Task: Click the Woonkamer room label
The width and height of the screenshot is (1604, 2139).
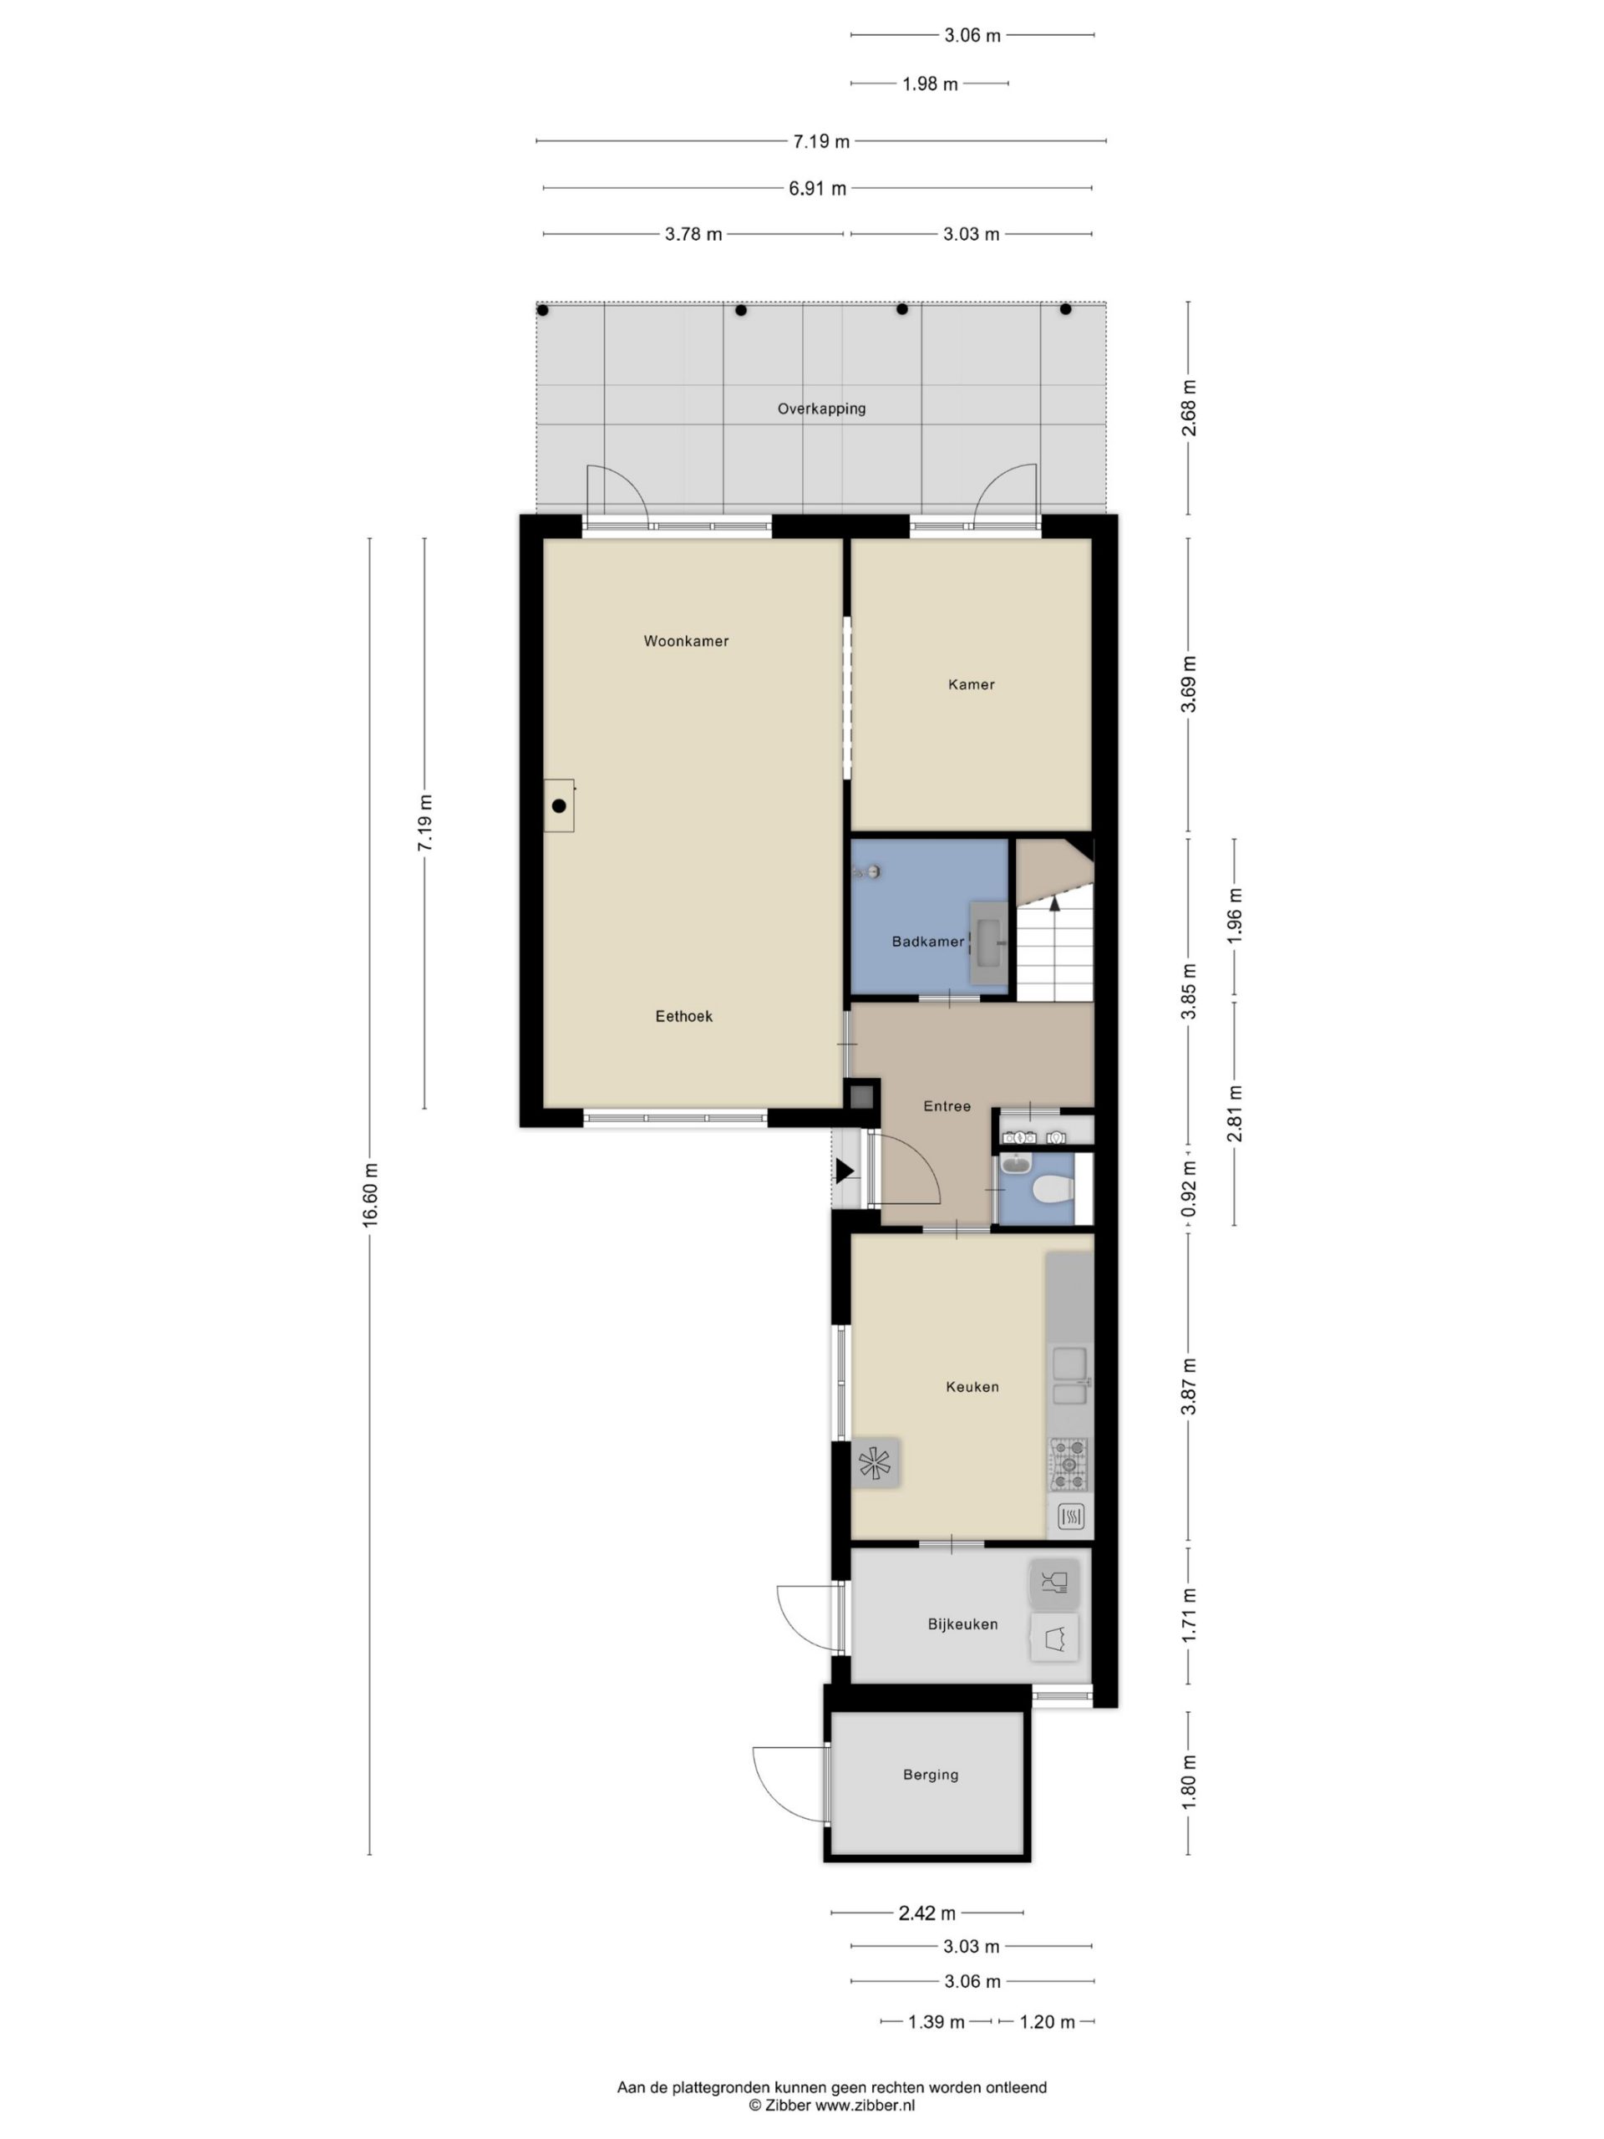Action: pos(686,641)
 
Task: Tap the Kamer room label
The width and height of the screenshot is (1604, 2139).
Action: pos(971,684)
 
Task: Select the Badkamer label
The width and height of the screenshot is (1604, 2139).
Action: pos(927,942)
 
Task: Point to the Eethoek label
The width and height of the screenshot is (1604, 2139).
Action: pos(683,1016)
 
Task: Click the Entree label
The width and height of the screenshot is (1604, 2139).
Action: pos(947,1106)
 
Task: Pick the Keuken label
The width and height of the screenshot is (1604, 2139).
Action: pos(972,1387)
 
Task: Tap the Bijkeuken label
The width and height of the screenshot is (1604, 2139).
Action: pos(962,1624)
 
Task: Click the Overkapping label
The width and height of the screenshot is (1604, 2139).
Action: pos(821,409)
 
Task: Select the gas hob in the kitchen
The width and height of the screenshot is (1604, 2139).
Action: pos(1068,1464)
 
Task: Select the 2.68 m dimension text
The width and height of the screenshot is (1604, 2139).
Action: pos(1190,407)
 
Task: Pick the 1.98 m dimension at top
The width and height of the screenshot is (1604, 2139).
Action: pos(930,84)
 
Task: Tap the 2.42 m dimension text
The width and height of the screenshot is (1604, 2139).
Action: pos(927,1913)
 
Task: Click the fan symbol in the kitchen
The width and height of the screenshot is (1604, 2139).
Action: pos(875,1463)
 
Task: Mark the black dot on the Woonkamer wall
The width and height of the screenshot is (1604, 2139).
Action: pos(559,805)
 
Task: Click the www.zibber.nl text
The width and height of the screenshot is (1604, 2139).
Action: pos(865,2105)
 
